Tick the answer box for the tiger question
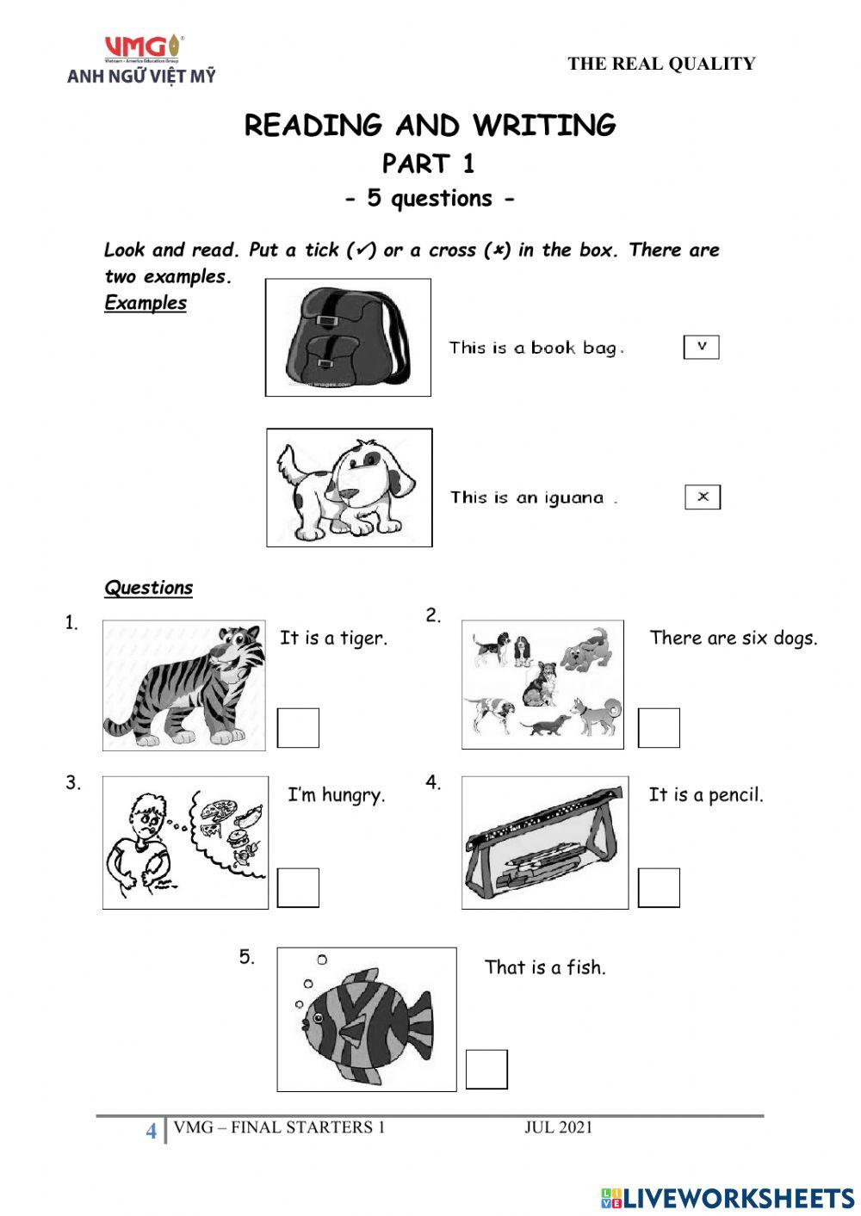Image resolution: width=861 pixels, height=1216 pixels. coord(298,728)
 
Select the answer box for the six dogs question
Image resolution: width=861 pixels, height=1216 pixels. coord(659,728)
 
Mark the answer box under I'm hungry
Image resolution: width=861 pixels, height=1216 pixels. coord(298,887)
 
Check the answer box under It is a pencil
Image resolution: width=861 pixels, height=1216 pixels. coord(659,887)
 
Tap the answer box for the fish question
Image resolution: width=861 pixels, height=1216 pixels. coord(486,1069)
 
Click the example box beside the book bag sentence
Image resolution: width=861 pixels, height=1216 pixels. coord(702,347)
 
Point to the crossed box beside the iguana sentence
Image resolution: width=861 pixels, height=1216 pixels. coord(703,497)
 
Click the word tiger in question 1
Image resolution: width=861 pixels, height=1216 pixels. coord(363,639)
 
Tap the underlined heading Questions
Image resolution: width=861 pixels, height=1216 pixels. coord(148,588)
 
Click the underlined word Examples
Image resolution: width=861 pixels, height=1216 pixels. coord(146,303)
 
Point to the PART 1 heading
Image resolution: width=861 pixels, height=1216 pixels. coord(429,164)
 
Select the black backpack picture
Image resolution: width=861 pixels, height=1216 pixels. coord(347,337)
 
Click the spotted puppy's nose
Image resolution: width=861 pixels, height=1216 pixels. coord(351,494)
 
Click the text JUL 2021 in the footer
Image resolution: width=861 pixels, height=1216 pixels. coord(558,1127)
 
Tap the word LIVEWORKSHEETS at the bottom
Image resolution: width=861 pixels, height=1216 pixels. coord(738,1197)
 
